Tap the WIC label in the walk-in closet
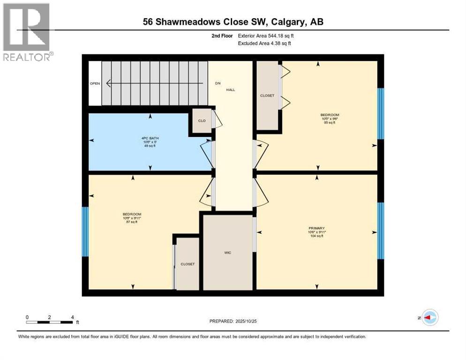227,253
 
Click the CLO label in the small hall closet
202,121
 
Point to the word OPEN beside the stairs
95,83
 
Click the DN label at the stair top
218,83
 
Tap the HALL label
231,90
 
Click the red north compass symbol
429,317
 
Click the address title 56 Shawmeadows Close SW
233,22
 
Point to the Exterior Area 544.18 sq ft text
266,36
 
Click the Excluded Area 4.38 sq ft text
264,43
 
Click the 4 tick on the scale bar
72,317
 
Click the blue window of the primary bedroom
381,231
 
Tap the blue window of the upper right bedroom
381,113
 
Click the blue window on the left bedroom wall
85,232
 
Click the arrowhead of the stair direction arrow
108,83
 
